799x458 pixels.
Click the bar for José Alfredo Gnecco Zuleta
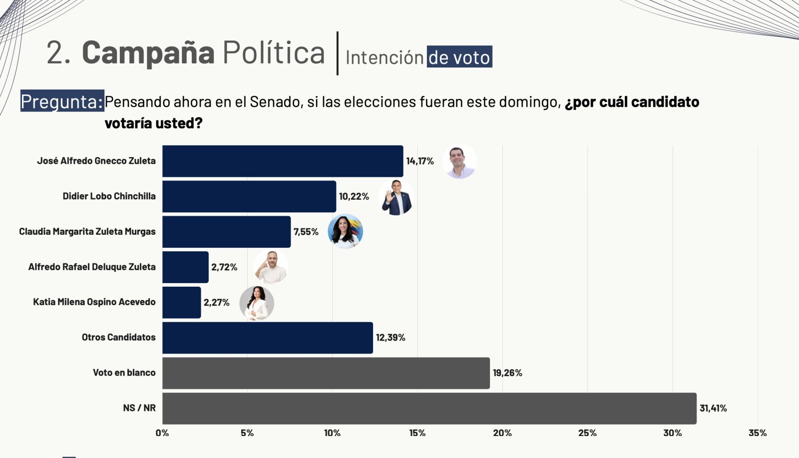pos(283,161)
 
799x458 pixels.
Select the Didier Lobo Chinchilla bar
pos(249,196)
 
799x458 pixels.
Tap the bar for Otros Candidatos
pos(268,338)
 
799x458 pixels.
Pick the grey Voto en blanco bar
pos(326,373)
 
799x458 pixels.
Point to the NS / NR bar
pos(429,408)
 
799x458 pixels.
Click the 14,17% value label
pos(420,161)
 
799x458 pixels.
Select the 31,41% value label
pos(713,408)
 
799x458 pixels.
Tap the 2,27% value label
pos(217,302)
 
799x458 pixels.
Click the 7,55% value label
pos(306,232)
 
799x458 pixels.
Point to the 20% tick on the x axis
pos(502,433)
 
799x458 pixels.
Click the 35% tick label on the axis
pos(758,433)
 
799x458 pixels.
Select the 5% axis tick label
pos(247,433)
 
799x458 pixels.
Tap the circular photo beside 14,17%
pos(459,162)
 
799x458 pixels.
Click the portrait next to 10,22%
pos(397,198)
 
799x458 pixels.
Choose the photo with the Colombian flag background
pos(345,232)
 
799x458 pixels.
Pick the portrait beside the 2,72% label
pos(271,267)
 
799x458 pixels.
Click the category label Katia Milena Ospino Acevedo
pos(94,302)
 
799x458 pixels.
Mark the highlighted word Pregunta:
pos(62,101)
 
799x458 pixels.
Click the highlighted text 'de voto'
pos(459,57)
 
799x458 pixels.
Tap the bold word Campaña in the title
pos(148,52)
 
